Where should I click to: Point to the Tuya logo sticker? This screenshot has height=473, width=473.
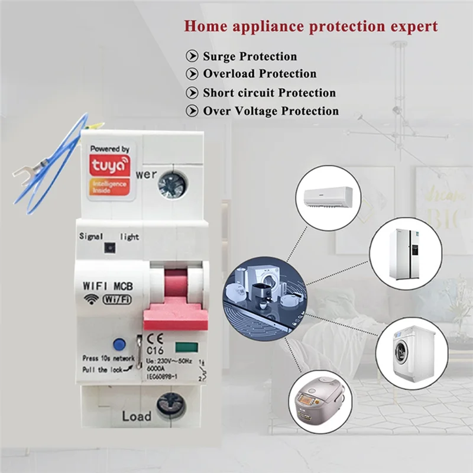[111, 171]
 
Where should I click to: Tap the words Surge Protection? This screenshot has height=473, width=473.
[250, 57]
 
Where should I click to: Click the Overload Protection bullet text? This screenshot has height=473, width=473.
[260, 74]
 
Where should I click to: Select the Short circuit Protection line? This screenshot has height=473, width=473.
[269, 93]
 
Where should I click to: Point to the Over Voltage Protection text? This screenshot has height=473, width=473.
[271, 111]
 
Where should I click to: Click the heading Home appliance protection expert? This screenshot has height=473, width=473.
[311, 26]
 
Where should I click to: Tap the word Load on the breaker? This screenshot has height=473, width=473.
[137, 416]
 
